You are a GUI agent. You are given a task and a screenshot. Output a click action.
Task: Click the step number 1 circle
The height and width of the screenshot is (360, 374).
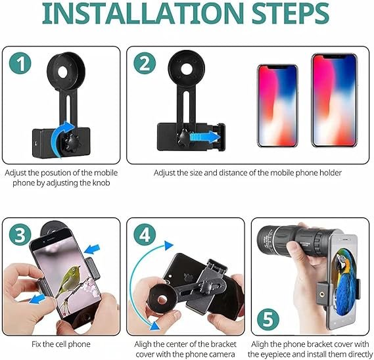point(20,64)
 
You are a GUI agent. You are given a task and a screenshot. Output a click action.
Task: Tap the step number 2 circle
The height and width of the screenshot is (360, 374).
point(145,64)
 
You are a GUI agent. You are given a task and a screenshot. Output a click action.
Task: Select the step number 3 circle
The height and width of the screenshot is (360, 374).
point(20,235)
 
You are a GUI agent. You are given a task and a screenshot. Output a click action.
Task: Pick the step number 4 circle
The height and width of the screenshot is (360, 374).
point(145,235)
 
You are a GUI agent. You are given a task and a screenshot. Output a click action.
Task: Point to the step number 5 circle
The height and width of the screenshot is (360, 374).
point(268,320)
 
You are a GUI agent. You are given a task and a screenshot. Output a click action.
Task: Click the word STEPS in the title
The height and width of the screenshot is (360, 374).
point(291,13)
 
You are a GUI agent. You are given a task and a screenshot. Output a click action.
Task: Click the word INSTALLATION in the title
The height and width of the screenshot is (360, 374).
point(143,13)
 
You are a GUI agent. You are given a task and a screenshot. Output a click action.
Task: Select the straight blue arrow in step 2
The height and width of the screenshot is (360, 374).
point(205,137)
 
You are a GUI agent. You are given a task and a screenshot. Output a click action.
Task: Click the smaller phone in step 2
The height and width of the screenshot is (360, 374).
point(277,106)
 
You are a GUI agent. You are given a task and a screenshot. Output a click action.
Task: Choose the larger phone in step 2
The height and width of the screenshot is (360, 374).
point(335,100)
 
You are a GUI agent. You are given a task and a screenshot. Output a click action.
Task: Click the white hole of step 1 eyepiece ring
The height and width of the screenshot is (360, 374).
point(62,72)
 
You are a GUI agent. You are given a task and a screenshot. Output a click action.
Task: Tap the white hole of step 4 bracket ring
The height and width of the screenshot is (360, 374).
point(162,299)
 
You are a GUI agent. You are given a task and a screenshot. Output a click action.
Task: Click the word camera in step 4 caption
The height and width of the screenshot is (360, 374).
point(220,354)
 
